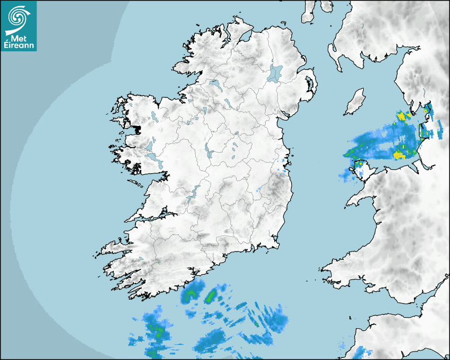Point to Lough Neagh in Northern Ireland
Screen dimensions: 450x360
[275, 73]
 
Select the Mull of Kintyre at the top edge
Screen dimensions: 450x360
[309, 13]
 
